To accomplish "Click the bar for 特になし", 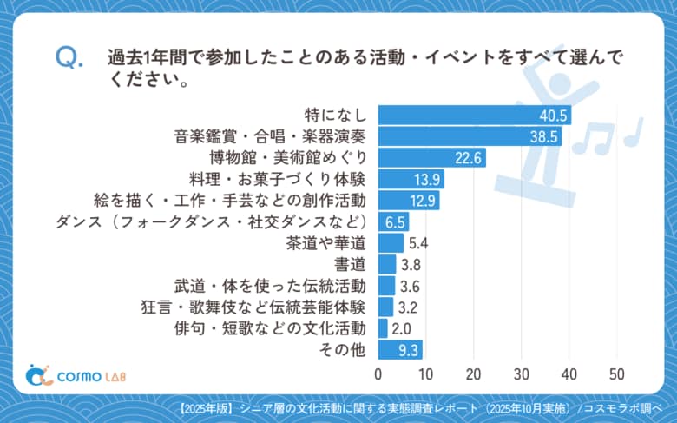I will pos(474,116).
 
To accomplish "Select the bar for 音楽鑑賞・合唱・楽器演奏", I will pos(470,136).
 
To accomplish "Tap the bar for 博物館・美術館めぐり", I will pos(431,158).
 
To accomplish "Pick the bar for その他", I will pos(400,349).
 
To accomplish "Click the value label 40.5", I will pos(553,116).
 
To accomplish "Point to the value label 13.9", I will pos(426,179).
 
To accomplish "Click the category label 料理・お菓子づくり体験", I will pos(282,179).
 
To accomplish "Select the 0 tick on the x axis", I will pos(378,374).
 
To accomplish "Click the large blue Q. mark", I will pos(69,58).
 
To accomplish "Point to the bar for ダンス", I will pos(393,221).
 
